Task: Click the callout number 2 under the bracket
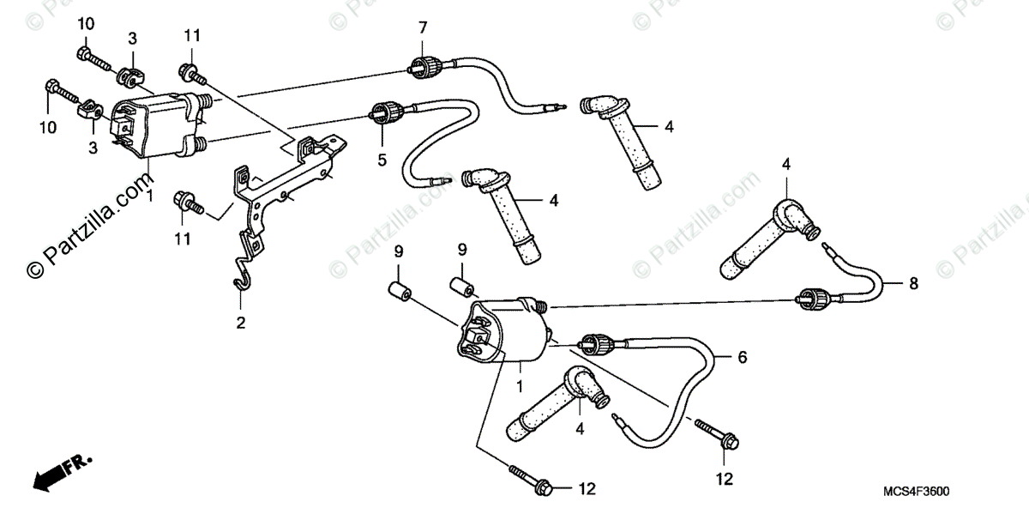point(241,323)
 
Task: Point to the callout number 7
point(422,27)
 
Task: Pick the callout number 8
point(912,282)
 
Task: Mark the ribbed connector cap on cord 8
point(811,298)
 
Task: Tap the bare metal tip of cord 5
point(442,181)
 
